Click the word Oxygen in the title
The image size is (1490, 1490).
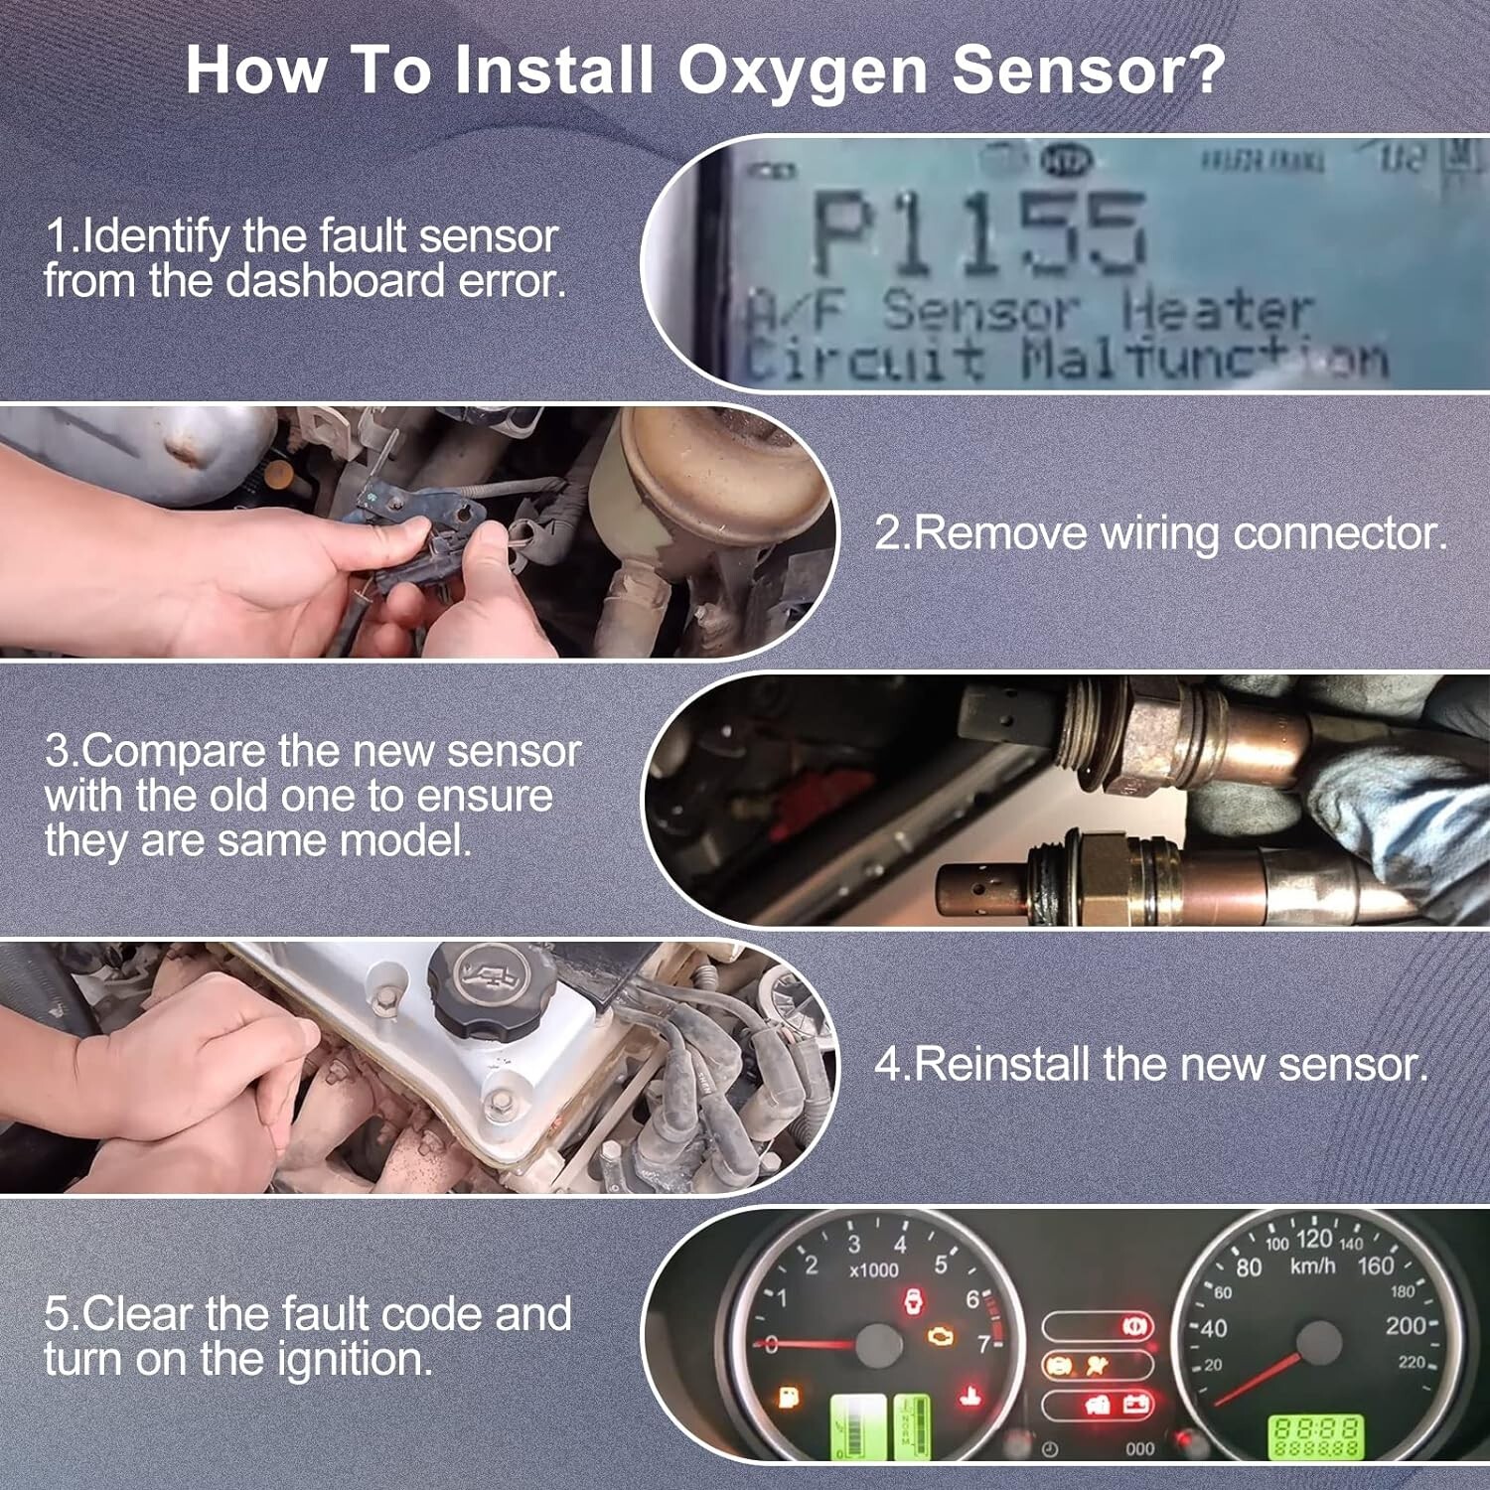[x=803, y=72]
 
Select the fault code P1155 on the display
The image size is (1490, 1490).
[x=978, y=234]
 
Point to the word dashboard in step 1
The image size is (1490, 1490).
[x=335, y=282]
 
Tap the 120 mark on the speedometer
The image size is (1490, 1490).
[x=1313, y=1239]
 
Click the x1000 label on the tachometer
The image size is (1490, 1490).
[x=873, y=1270]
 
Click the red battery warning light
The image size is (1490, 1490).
[x=1135, y=1405]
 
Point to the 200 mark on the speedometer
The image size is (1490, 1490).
[x=1406, y=1326]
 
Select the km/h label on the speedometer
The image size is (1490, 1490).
[x=1312, y=1266]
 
